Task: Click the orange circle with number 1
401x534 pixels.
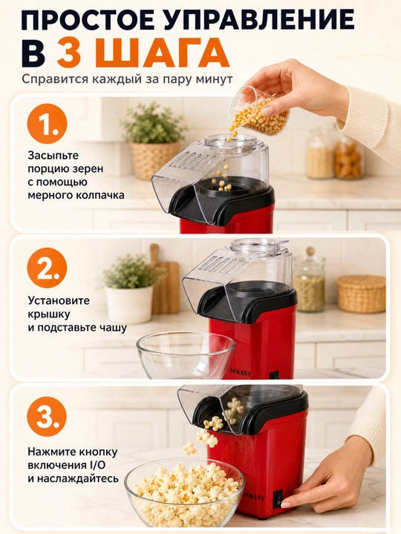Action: click(47, 124)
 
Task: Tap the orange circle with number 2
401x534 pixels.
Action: click(47, 268)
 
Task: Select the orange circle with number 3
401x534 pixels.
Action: click(47, 417)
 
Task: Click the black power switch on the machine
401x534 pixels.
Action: click(279, 499)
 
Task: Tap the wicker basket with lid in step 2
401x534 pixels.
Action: click(361, 294)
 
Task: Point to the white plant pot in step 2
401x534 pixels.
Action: click(129, 305)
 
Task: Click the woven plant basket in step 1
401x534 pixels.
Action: click(154, 159)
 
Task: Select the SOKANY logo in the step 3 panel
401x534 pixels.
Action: click(255, 497)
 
